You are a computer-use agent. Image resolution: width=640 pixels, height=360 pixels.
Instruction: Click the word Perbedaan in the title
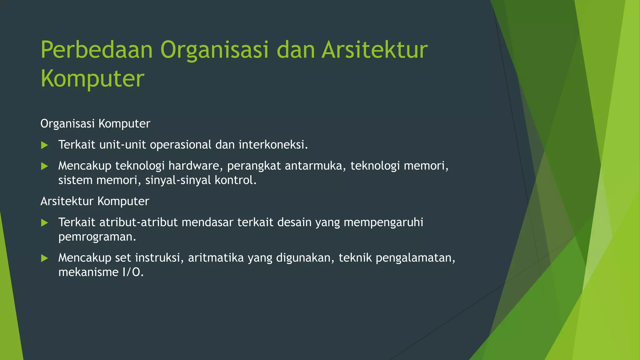[97, 50]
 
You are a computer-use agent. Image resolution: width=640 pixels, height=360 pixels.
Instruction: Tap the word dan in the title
[295, 50]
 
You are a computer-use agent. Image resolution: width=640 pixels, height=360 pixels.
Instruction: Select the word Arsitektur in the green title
[374, 50]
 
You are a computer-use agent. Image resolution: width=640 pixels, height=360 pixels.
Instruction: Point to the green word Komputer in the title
[92, 79]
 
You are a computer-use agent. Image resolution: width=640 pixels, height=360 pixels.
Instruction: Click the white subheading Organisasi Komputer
[95, 124]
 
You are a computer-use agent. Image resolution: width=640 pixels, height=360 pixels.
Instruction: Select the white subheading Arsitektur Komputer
[95, 201]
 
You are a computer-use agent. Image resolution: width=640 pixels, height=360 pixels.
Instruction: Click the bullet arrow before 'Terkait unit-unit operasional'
[45, 145]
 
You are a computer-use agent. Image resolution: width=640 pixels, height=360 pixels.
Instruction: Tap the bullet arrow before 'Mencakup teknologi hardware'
[45, 166]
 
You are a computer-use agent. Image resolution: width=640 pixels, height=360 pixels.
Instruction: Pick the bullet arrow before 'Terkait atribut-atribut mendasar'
[45, 223]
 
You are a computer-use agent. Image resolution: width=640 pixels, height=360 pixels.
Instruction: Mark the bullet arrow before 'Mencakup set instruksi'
[45, 258]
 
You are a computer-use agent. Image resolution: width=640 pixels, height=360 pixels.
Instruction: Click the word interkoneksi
[273, 145]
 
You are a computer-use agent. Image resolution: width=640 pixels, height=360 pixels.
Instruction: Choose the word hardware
[196, 166]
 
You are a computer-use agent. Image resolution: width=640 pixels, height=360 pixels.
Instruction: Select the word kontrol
[235, 180]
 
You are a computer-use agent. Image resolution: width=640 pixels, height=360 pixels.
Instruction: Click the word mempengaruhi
[383, 222]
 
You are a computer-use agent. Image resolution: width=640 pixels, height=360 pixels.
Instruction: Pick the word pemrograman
[97, 237]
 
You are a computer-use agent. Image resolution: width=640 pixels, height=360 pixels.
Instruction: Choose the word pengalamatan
[415, 258]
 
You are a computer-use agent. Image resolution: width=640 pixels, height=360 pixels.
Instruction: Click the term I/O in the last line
[132, 272]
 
